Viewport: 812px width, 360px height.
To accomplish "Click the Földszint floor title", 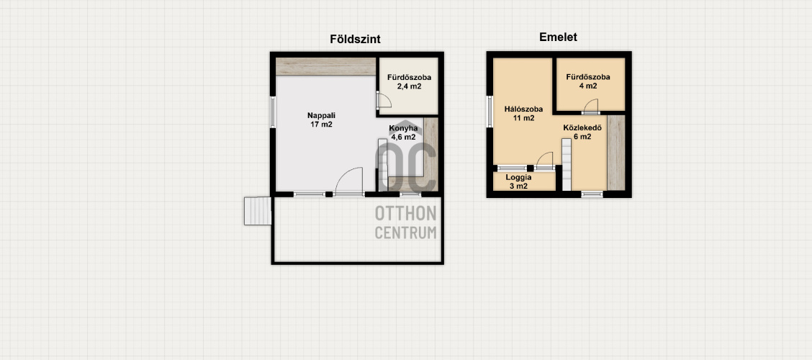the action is (x=356, y=40).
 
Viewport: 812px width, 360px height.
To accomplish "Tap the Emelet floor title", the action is (x=559, y=37).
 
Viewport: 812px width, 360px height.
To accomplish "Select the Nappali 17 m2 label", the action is (x=320, y=120).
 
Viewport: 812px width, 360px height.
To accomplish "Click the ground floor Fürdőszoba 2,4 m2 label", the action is (x=409, y=82).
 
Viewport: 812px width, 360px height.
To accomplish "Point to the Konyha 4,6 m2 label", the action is (x=403, y=132).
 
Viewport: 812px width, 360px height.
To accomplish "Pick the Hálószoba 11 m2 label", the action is (x=523, y=114).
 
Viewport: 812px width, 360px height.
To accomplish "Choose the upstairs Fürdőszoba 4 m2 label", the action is (x=588, y=81).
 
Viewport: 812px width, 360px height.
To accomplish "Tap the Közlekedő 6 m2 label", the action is (x=582, y=132).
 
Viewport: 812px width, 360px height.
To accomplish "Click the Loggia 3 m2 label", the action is (x=518, y=181).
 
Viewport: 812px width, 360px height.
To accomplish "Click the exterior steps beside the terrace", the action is (x=258, y=211).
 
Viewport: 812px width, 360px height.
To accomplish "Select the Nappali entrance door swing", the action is (x=348, y=181).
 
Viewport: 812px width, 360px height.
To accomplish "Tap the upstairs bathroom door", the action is (x=590, y=106).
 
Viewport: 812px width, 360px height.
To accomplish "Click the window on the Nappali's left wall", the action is (x=272, y=112).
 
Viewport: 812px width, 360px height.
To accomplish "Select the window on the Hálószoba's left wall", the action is (x=490, y=112).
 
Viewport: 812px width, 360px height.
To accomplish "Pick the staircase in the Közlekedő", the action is (x=567, y=165).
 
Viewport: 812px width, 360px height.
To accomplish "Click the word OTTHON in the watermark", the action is (x=405, y=213).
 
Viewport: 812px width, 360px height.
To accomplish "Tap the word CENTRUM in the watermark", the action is (x=405, y=233).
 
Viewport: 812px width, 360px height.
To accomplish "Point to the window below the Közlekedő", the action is (x=592, y=194).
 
